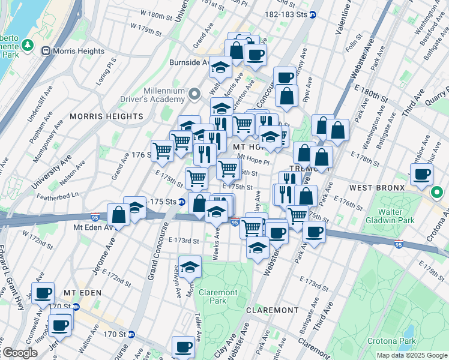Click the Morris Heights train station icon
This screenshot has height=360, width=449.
[45, 52]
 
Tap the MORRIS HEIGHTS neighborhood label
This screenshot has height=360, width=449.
[106, 116]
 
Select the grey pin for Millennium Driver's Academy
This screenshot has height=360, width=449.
[194, 95]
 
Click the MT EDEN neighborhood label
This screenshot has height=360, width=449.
[83, 292]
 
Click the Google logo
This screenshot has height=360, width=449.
[20, 353]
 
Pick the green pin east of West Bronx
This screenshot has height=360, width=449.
[437, 193]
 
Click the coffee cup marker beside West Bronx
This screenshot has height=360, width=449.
[422, 174]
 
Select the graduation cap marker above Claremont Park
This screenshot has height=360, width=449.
[190, 266]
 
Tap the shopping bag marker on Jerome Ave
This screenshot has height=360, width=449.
[119, 215]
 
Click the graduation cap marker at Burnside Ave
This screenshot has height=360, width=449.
[220, 67]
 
